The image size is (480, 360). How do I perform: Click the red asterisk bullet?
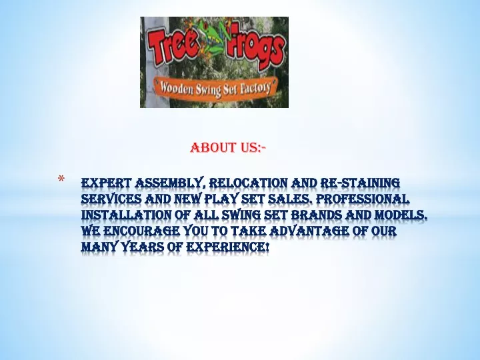(x=61, y=179)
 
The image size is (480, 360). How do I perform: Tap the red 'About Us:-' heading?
(x=228, y=148)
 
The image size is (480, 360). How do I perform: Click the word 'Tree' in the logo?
(x=173, y=46)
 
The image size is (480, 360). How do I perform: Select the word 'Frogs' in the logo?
(x=255, y=49)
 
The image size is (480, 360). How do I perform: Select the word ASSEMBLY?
(x=170, y=183)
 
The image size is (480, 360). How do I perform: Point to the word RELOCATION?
(x=248, y=183)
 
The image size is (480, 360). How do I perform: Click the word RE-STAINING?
(x=360, y=183)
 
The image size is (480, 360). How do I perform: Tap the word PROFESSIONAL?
(x=363, y=199)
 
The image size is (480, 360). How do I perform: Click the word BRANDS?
(x=316, y=215)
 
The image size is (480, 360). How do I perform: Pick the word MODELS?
(x=401, y=215)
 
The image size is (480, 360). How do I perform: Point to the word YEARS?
(x=143, y=247)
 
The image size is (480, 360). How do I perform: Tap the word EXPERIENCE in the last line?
(x=227, y=247)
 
